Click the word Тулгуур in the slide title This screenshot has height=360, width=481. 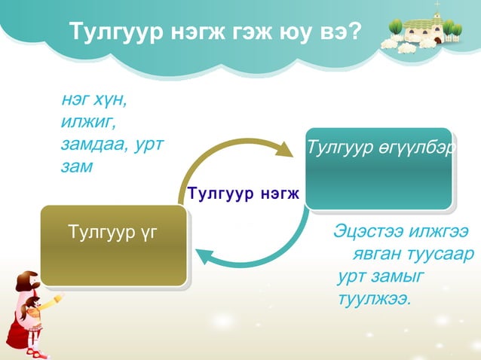click(110, 32)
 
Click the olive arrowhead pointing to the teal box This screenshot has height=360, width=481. click(284, 148)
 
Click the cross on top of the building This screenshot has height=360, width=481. click(436, 6)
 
